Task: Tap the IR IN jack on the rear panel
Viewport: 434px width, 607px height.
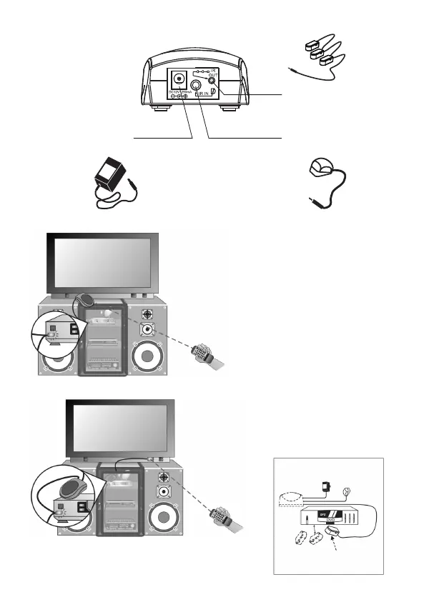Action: pos(195,91)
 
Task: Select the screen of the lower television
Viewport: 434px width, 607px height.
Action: pos(120,426)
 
